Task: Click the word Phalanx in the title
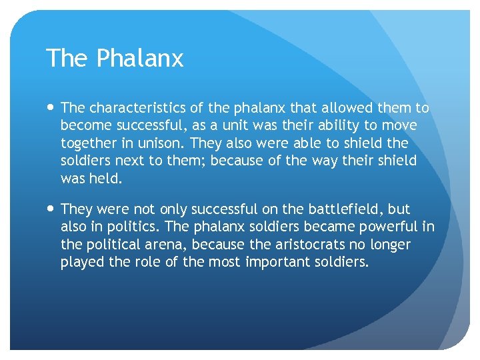pos(139,59)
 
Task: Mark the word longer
pos(389,244)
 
